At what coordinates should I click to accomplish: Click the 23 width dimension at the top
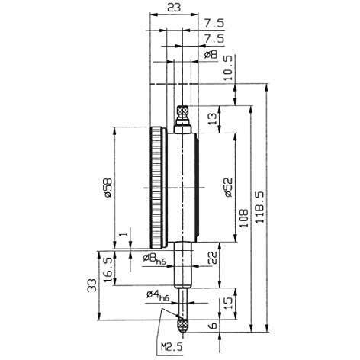pyautogui.click(x=174, y=8)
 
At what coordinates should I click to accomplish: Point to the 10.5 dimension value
pyautogui.click(x=228, y=68)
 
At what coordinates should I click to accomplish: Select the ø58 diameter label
pyautogui.click(x=108, y=188)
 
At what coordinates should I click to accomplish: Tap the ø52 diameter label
pyautogui.click(x=228, y=187)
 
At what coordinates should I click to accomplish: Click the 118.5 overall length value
pyautogui.click(x=259, y=207)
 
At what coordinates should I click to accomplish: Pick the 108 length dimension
pyautogui.click(x=243, y=218)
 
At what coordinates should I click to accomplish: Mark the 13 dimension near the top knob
pyautogui.click(x=213, y=119)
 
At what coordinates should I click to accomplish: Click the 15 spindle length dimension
pyautogui.click(x=228, y=303)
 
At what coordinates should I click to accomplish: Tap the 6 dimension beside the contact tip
pyautogui.click(x=214, y=326)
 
